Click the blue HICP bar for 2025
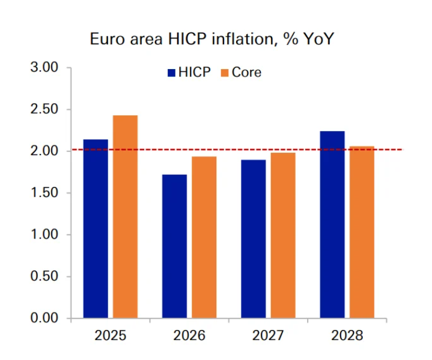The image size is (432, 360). (x=96, y=228)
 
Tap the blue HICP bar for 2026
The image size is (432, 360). (x=174, y=246)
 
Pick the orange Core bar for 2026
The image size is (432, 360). (x=204, y=237)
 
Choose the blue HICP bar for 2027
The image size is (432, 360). (x=254, y=239)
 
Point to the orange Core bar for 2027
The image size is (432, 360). (x=283, y=235)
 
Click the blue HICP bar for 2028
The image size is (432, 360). (x=332, y=224)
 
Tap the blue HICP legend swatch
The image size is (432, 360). (x=171, y=73)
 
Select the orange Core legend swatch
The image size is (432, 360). (x=225, y=73)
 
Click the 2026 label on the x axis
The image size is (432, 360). (x=189, y=335)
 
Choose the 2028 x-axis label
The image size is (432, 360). (x=347, y=335)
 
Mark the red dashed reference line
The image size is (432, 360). (x=385, y=150)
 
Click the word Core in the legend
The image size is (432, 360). (x=246, y=73)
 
